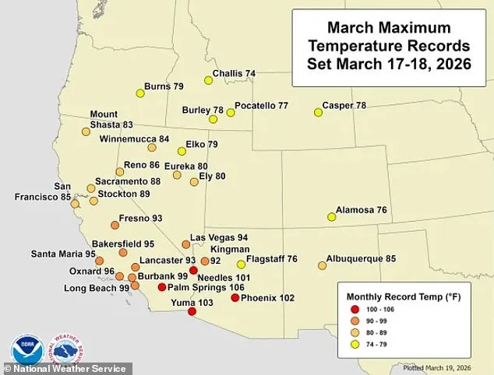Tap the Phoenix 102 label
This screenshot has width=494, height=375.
(x=268, y=297)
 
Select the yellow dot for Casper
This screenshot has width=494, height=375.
(x=318, y=113)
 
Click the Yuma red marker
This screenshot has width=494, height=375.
(x=192, y=312)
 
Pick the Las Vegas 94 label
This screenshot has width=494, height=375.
(x=219, y=237)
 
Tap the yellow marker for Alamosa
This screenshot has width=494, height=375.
(x=331, y=218)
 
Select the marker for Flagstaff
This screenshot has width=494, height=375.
(x=241, y=265)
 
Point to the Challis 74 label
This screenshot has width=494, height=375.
(x=238, y=74)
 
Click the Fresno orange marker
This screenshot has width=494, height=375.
(x=115, y=225)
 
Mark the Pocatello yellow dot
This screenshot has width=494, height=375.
(x=231, y=113)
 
